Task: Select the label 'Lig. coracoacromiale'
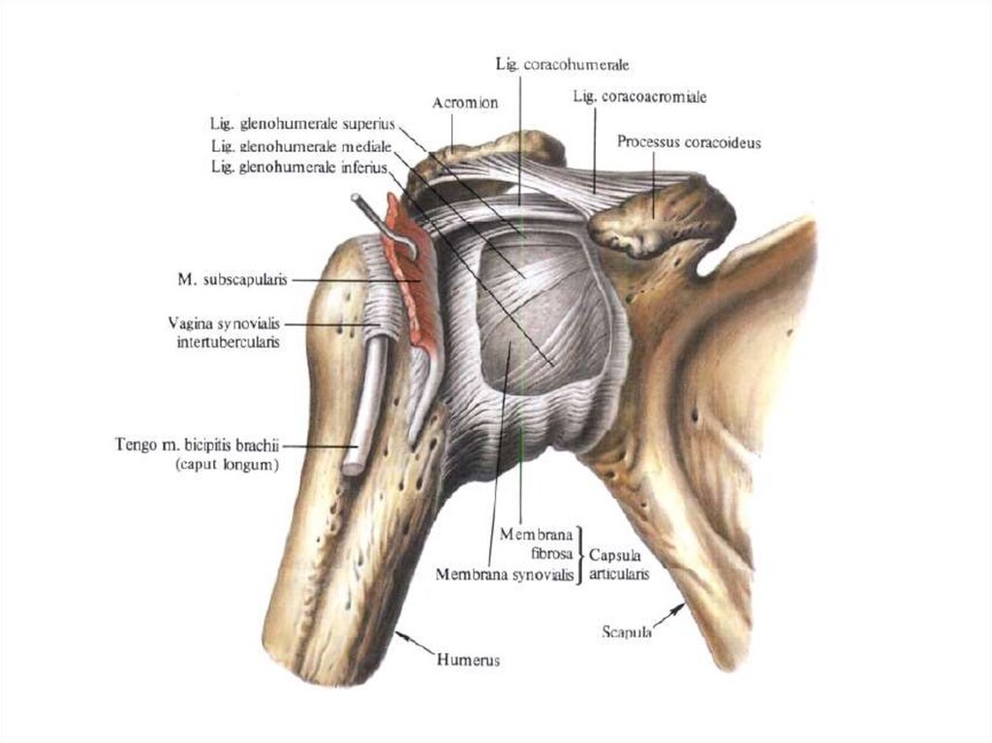pyautogui.click(x=639, y=97)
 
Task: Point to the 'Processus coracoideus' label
pyautogui.click(x=689, y=141)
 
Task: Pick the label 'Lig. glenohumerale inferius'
pyautogui.click(x=299, y=168)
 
